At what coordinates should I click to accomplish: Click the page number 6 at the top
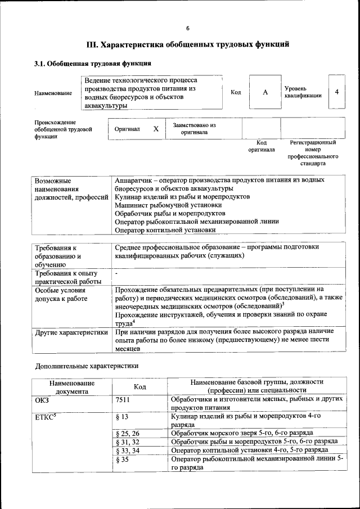click(x=188, y=29)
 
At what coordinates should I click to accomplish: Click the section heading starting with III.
click(x=188, y=44)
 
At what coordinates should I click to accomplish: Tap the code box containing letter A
click(x=265, y=92)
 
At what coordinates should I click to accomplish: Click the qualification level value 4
click(x=336, y=92)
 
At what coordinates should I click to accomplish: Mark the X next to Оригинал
click(x=156, y=129)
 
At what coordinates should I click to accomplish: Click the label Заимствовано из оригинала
click(x=194, y=129)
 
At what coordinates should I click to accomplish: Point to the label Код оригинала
click(x=262, y=146)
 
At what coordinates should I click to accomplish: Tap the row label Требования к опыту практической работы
click(x=67, y=277)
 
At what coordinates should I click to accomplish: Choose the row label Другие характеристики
click(x=71, y=332)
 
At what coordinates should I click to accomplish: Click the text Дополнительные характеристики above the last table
click(x=87, y=366)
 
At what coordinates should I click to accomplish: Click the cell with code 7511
click(x=123, y=399)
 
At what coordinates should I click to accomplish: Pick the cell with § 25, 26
click(x=127, y=433)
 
